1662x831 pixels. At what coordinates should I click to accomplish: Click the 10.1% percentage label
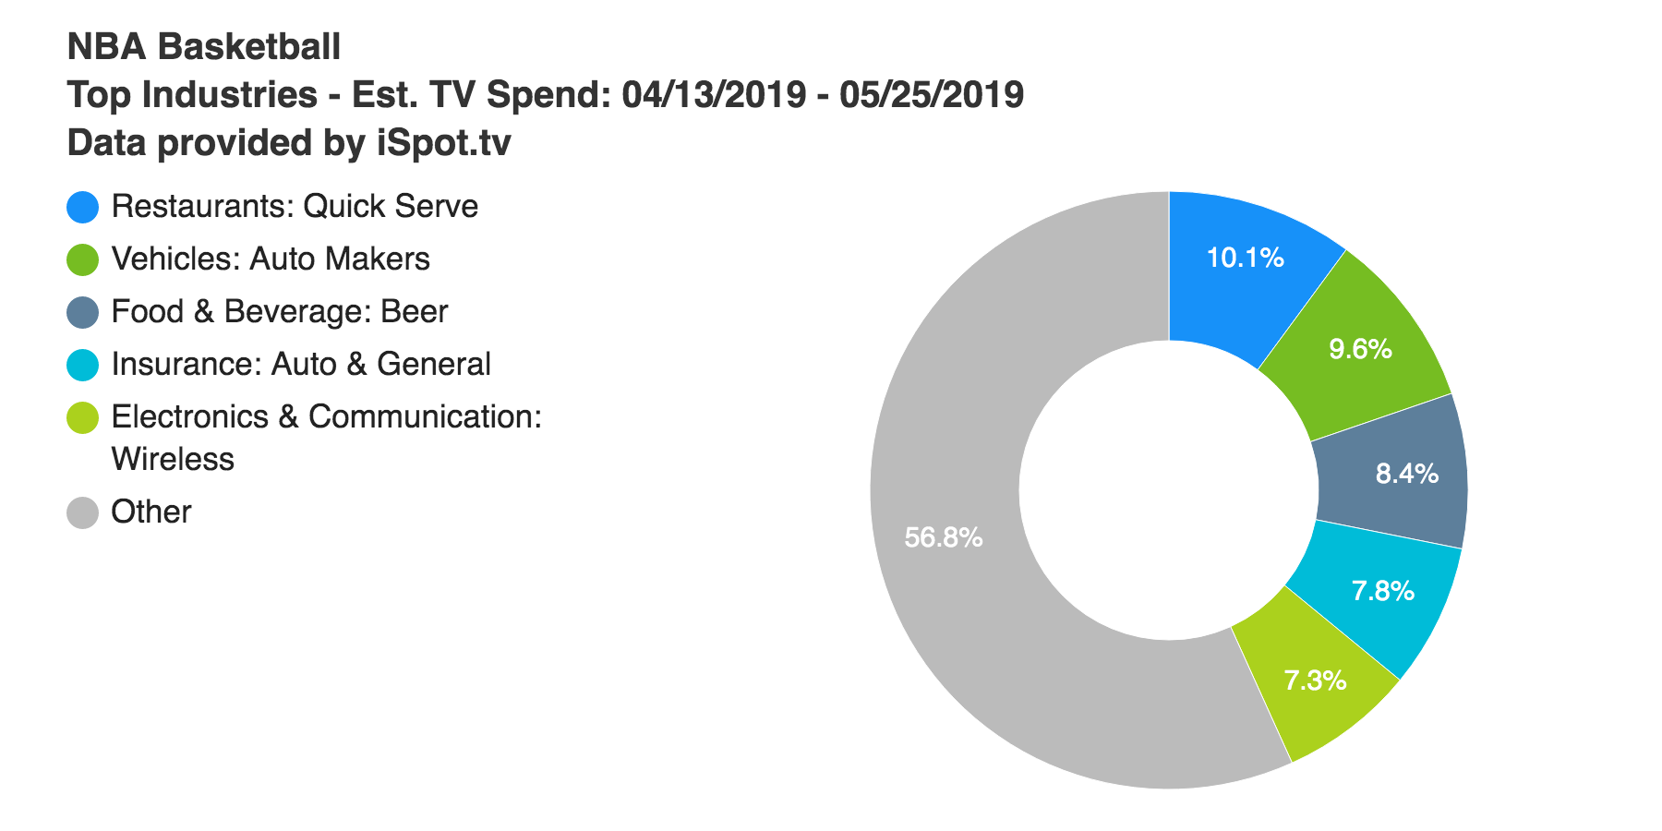tap(1245, 258)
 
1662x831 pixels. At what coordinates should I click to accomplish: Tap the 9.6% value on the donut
tap(1360, 349)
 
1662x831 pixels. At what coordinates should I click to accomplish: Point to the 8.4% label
tap(1406, 474)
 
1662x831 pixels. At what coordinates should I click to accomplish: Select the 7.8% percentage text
tap(1382, 591)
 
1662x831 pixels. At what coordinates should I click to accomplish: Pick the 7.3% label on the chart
tap(1315, 681)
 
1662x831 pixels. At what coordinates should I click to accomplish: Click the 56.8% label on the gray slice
tap(943, 537)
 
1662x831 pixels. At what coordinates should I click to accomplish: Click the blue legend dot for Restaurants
tap(83, 207)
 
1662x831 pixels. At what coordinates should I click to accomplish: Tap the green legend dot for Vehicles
tap(83, 259)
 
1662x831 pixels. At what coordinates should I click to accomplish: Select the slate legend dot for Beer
tap(83, 312)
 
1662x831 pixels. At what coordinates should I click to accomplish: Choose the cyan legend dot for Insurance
tap(83, 365)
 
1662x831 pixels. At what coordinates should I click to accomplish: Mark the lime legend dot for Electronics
tap(83, 417)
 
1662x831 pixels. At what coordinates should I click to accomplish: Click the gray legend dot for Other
tap(83, 512)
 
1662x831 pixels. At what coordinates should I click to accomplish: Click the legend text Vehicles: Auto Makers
tap(271, 259)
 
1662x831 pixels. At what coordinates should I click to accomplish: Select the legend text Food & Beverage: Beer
tap(279, 312)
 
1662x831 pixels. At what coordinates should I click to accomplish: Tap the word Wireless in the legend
tap(173, 459)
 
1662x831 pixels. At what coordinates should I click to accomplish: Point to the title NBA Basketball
tap(204, 46)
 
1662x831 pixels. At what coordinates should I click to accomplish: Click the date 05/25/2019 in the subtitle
tap(931, 94)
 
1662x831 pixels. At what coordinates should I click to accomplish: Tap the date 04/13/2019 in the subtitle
tap(714, 94)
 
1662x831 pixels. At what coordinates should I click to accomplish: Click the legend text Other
tap(151, 512)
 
